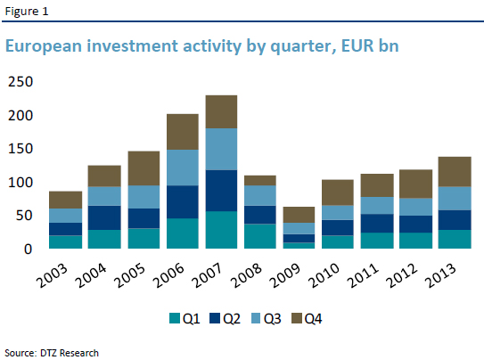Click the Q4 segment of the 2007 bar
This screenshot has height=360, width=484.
click(221, 111)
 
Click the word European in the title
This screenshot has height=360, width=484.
click(45, 46)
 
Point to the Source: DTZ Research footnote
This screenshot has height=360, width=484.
click(52, 352)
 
